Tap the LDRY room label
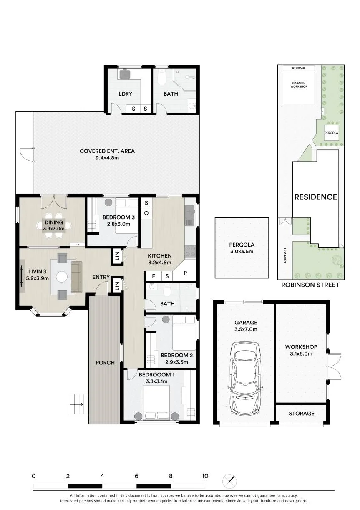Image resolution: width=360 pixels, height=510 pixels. [x=126, y=93]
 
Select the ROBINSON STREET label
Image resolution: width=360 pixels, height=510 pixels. [x=310, y=285]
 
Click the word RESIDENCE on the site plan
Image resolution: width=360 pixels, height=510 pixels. [x=316, y=197]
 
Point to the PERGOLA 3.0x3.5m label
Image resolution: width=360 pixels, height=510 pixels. [x=242, y=248]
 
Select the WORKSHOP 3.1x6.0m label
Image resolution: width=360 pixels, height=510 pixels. [x=301, y=350]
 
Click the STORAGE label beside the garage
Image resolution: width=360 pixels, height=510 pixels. [x=302, y=414]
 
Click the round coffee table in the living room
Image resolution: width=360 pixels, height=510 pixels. [x=62, y=277]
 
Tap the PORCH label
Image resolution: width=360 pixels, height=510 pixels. [x=105, y=362]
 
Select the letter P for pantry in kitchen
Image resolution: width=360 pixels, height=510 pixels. [x=185, y=273]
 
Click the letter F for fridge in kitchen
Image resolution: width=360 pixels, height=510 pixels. [x=154, y=276]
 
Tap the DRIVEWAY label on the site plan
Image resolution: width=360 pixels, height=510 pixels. [x=285, y=255]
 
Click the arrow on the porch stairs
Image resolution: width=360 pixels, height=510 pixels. [x=77, y=404]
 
